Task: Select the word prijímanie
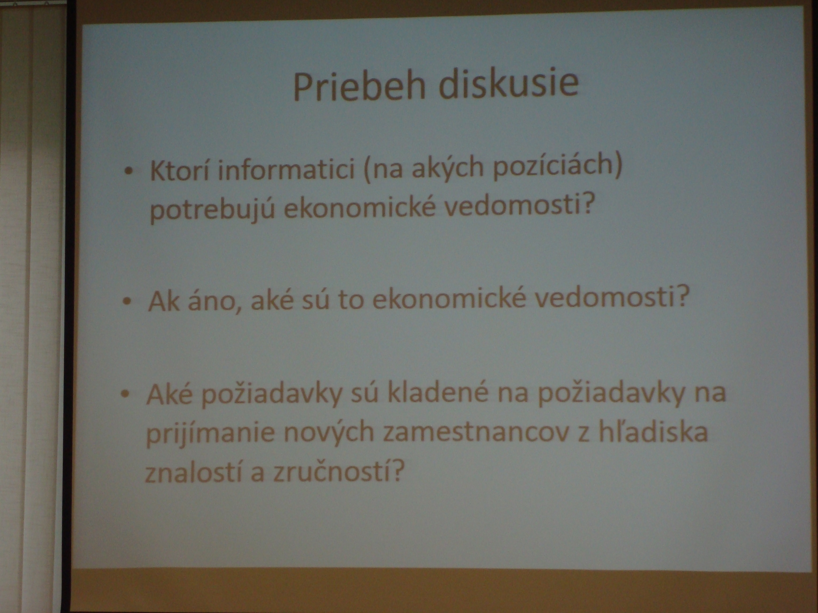[210, 433]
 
